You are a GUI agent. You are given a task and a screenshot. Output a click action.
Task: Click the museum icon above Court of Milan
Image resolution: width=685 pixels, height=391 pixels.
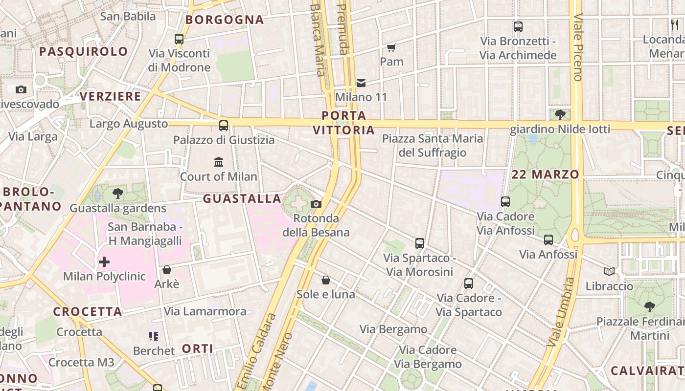coord(219,162)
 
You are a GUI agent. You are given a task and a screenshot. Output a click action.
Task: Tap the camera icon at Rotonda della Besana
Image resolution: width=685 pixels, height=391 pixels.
coord(316,204)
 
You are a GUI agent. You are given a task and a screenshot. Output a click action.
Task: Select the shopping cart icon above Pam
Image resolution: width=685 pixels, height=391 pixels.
coord(391,47)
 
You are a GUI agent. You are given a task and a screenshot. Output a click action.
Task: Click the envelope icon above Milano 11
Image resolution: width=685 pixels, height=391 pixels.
coord(361,83)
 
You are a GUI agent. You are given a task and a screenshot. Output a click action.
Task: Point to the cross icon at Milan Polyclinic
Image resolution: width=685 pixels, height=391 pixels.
coord(104,262)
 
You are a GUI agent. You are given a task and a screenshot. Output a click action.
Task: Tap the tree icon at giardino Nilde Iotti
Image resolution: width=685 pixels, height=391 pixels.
coord(560,115)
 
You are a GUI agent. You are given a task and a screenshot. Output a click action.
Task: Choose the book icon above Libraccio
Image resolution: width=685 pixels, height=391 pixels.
coord(609,271)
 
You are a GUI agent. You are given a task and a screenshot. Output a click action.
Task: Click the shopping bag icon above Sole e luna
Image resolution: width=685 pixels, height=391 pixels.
coord(326,280)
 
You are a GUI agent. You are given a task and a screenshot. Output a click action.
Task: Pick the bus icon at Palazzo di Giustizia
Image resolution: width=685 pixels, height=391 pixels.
coord(224,126)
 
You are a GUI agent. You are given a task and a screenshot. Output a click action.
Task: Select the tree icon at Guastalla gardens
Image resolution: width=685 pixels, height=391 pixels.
coord(117,194)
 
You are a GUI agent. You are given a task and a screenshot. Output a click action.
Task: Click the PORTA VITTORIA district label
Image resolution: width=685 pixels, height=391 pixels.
coord(344,123)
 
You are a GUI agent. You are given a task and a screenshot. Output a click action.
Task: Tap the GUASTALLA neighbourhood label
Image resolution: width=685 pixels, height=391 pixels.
coord(242,199)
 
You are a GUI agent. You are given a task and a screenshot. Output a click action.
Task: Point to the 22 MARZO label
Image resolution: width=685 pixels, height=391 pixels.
coord(546,174)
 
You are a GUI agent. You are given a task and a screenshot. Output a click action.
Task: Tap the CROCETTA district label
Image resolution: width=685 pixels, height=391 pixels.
coord(88,312)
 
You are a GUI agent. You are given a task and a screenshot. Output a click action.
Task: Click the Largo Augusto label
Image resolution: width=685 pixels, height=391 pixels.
coord(129,124)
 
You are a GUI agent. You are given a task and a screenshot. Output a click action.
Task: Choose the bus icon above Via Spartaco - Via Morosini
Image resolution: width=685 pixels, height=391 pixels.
coord(420,243)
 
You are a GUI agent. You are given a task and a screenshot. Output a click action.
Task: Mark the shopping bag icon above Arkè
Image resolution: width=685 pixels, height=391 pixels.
coord(167,270)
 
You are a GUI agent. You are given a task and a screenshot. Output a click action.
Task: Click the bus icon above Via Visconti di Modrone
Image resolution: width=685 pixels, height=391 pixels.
coord(179,39)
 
